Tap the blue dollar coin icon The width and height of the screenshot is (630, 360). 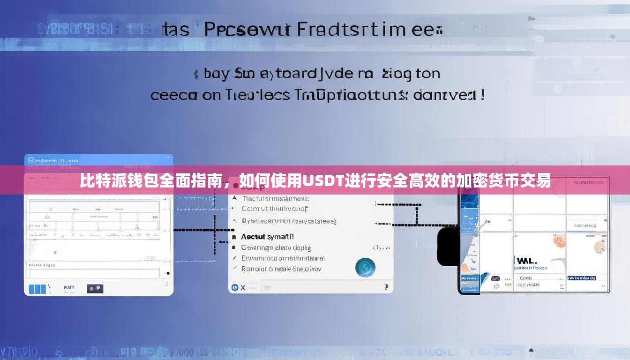[x=365, y=267]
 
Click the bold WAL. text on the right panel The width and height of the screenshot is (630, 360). [x=526, y=261]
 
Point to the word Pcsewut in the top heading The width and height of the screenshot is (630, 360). [x=247, y=30]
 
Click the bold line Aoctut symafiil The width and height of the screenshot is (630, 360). [x=267, y=237]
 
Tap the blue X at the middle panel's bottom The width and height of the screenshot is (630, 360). [x=243, y=287]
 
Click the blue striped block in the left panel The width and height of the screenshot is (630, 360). [x=37, y=289]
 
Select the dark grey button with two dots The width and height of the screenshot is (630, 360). [x=95, y=288]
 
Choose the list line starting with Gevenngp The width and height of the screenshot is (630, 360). [x=276, y=247]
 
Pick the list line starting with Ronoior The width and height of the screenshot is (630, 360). [x=281, y=269]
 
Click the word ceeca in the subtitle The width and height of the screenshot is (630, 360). [x=173, y=95]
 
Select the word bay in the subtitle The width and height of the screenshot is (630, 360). [x=217, y=74]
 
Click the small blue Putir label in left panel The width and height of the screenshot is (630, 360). [x=69, y=287]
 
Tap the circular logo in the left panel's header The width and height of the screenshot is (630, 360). [x=31, y=160]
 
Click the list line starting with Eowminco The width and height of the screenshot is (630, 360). [x=283, y=258]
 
